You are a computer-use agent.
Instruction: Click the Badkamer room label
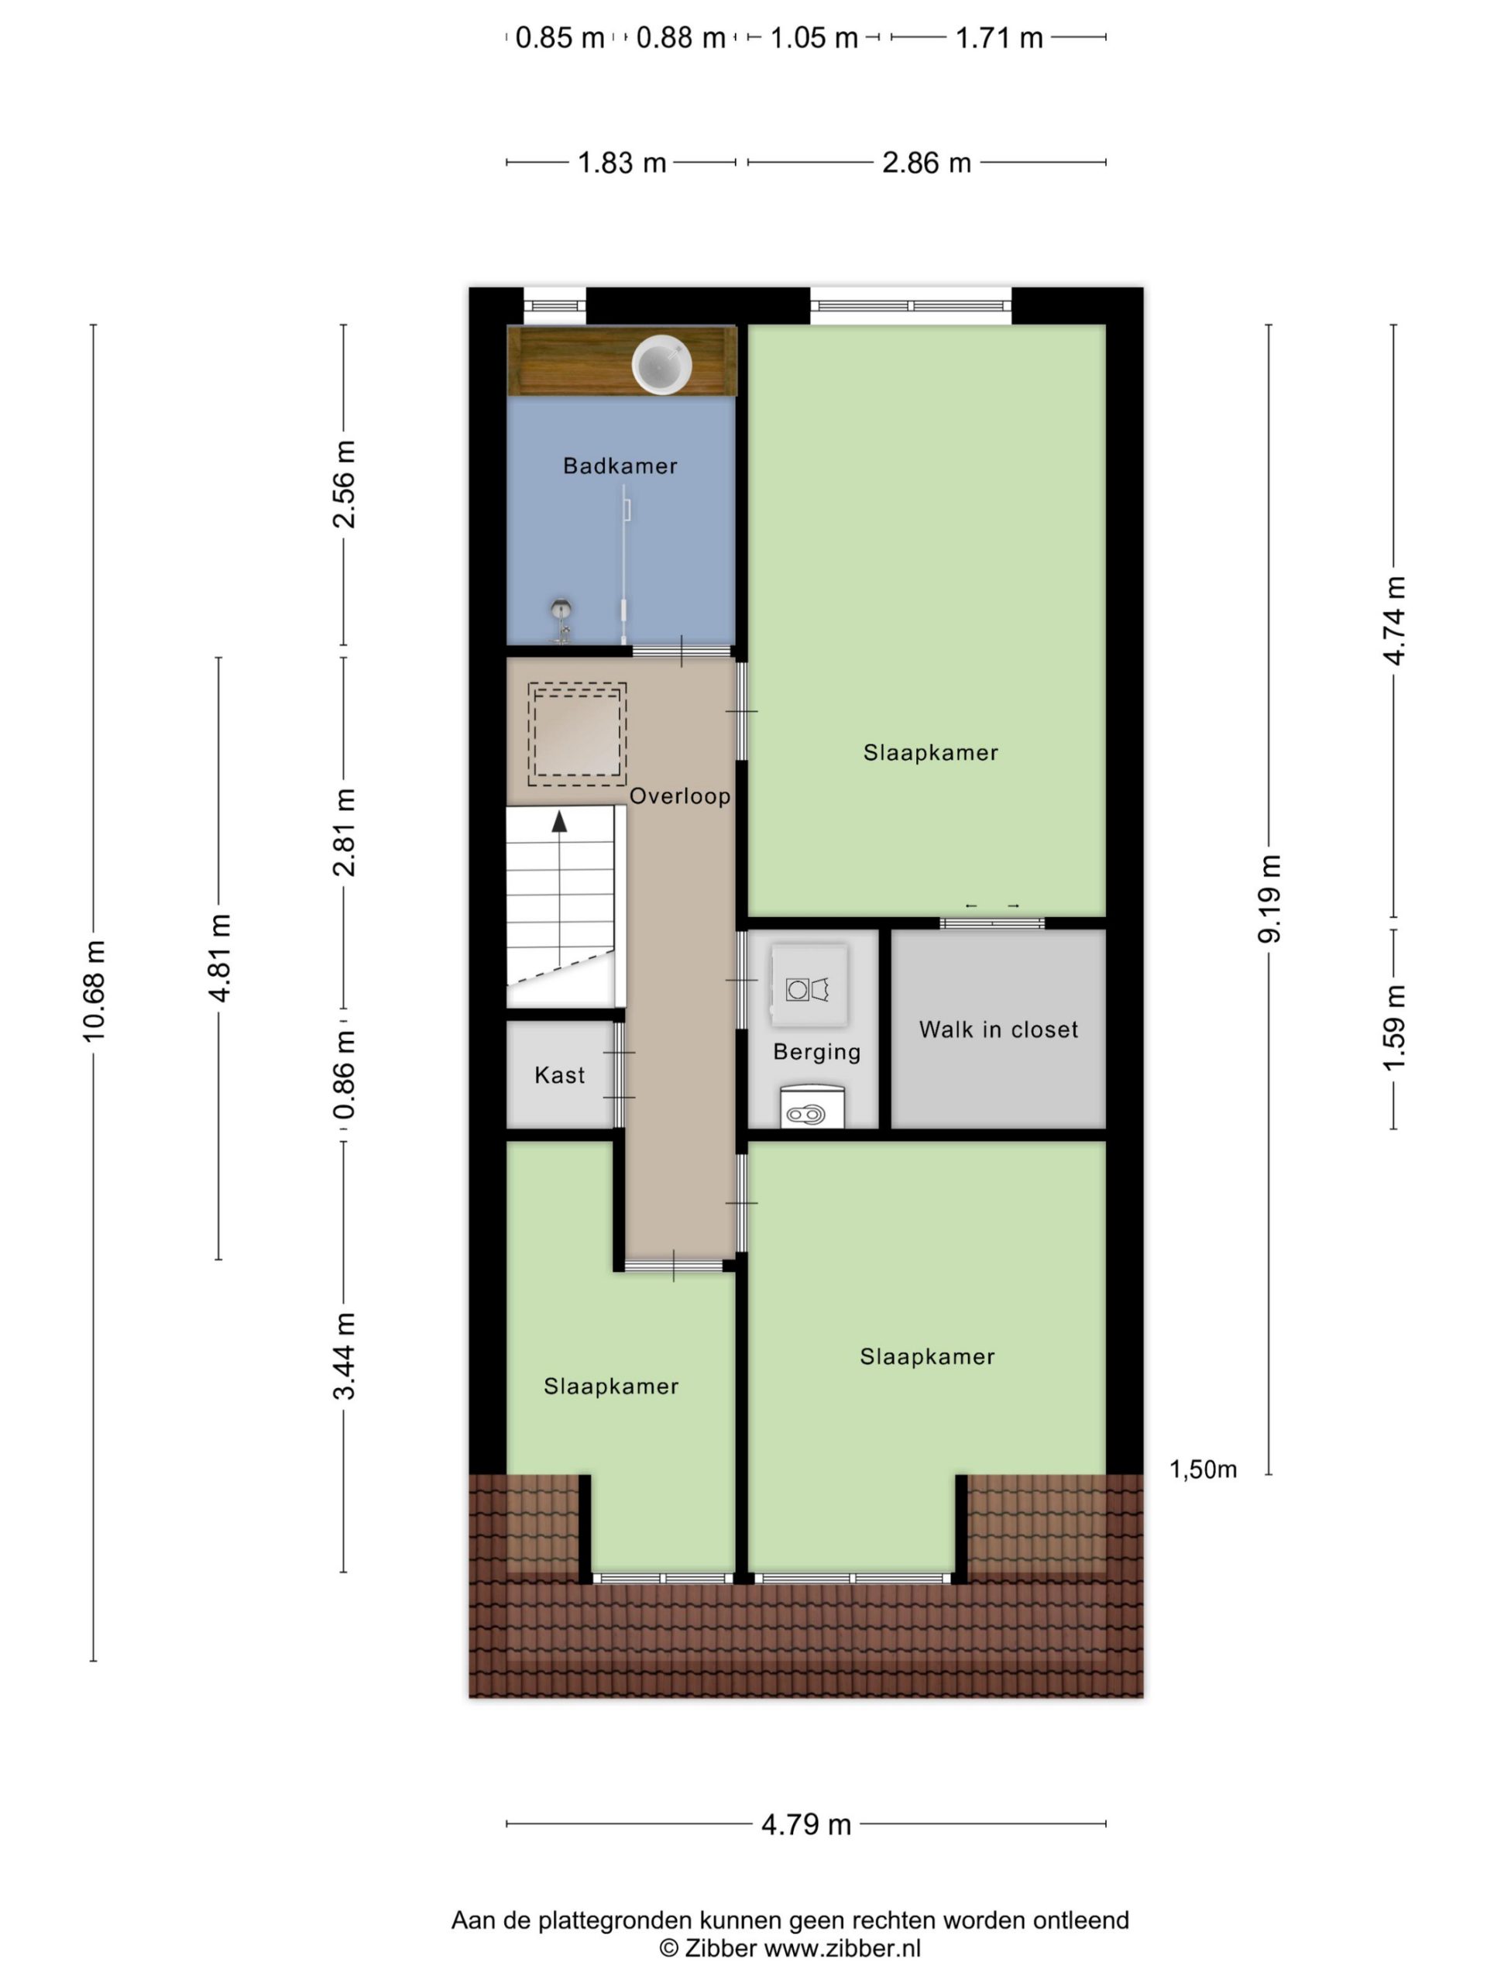[620, 466]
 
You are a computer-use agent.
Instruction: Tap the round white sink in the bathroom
[662, 364]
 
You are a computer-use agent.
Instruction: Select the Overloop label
[679, 796]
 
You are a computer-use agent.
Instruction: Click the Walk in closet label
[998, 1029]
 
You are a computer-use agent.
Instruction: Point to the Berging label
[816, 1052]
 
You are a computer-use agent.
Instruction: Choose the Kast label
[559, 1075]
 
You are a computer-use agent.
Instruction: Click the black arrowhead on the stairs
[559, 820]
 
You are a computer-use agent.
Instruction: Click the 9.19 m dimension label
[1269, 899]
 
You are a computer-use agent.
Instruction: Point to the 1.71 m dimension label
[998, 38]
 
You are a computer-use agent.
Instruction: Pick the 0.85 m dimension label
[559, 38]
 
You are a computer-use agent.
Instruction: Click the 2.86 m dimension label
[926, 162]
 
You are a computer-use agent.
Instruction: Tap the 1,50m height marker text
[1203, 1469]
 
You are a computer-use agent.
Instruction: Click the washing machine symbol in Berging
[808, 985]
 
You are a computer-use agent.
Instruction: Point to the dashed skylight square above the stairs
[576, 734]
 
